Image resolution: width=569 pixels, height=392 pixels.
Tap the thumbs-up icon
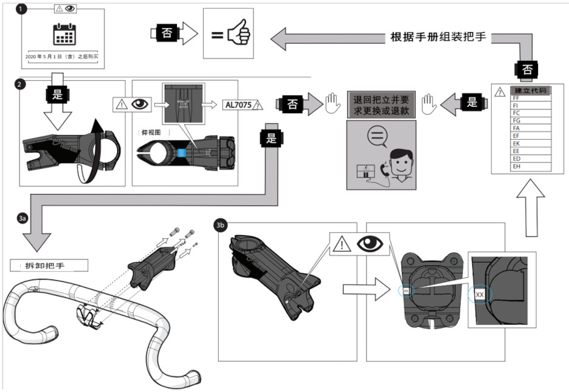point(235,35)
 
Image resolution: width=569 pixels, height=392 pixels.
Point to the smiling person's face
point(398,163)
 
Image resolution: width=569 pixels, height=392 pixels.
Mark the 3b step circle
point(221,225)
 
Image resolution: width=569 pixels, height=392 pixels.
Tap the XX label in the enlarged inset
point(480,295)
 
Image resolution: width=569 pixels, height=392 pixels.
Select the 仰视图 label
point(150,131)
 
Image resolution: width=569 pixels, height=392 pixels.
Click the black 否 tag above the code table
point(527,69)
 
